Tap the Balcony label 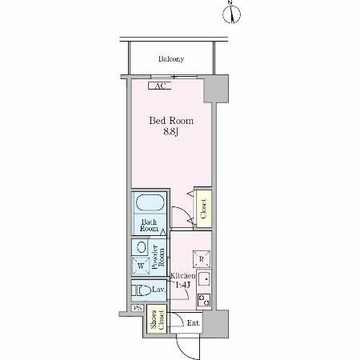[171, 58]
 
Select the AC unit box [159, 86]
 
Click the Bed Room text [171, 121]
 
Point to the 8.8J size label [170, 132]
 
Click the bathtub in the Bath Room [150, 202]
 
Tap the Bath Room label [149, 226]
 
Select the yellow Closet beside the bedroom [203, 209]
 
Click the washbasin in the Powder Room [142, 247]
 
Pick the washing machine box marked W [141, 266]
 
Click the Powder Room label [158, 257]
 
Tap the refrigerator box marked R [202, 259]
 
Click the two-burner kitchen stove [204, 300]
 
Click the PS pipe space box [138, 308]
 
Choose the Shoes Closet [157, 319]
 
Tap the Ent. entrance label [193, 323]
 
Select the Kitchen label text [183, 276]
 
